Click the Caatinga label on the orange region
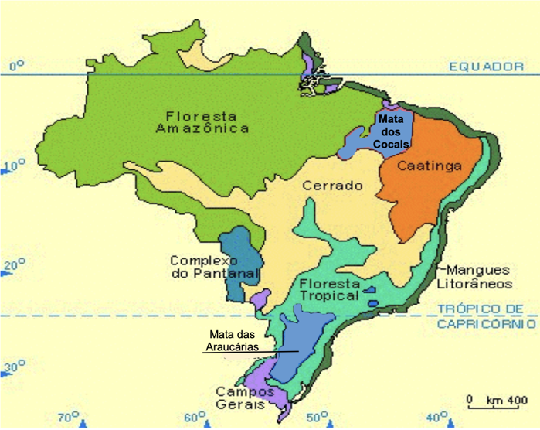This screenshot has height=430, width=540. [430, 166]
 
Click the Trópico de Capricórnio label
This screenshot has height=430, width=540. [486, 316]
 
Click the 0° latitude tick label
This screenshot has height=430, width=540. [17, 67]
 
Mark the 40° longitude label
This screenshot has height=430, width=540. [436, 418]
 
